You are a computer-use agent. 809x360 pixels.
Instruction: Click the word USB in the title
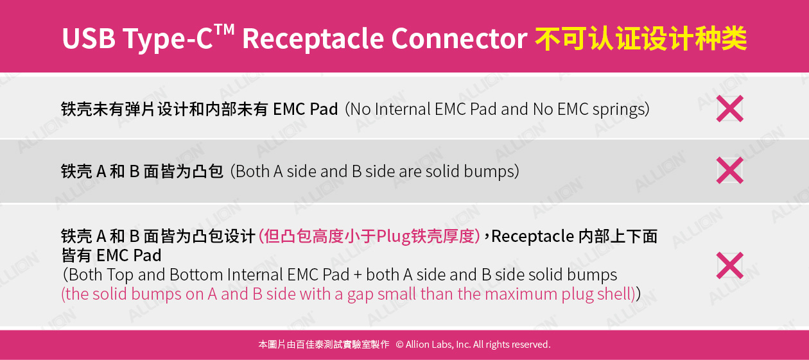pos(89,39)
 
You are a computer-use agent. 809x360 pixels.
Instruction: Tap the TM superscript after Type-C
pos(224,30)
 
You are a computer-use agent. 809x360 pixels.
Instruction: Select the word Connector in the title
pos(460,39)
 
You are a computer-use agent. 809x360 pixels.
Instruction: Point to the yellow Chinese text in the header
pos(641,39)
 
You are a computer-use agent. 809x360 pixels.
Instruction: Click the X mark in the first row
pos(730,108)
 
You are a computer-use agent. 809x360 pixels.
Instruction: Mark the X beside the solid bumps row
pos(730,171)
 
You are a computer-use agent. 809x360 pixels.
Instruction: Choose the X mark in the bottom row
pos(730,266)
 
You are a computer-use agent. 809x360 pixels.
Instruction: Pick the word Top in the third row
pos(120,276)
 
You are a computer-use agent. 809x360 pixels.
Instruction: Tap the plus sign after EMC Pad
pos(358,275)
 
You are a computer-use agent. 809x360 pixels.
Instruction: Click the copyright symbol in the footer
pos(399,345)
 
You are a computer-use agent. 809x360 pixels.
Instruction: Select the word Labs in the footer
pos(440,345)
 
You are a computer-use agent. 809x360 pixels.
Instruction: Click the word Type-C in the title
pos(168,39)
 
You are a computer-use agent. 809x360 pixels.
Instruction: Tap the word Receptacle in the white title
pos(313,39)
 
